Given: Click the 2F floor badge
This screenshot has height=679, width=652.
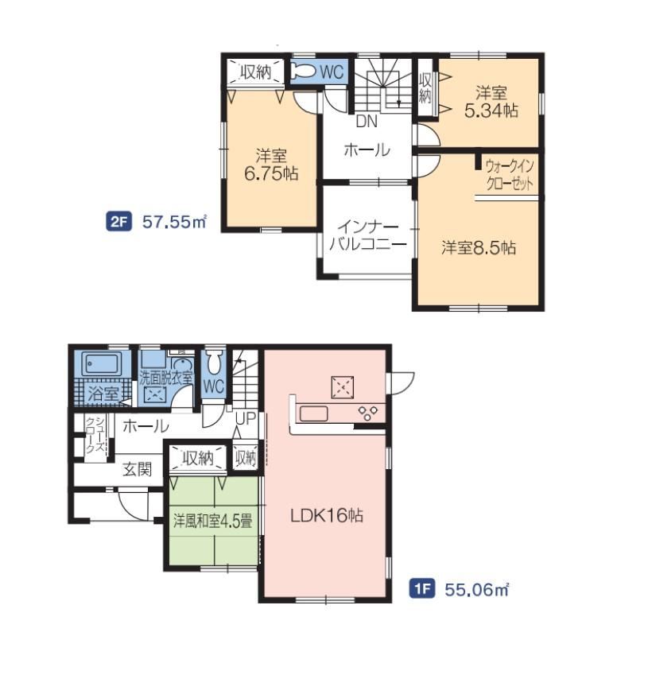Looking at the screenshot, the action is click(118, 222).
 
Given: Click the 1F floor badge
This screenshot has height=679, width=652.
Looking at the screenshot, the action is click(421, 589).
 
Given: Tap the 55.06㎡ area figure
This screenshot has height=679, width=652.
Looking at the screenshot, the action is click(476, 589).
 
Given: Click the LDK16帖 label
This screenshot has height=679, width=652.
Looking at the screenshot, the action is click(327, 515).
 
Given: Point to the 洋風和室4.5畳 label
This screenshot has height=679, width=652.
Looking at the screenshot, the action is click(212, 521).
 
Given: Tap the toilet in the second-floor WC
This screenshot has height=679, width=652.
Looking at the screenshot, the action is click(304, 72).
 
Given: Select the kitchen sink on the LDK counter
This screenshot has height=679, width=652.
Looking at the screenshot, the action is click(314, 413).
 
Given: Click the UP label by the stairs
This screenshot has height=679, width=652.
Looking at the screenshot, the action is click(245, 418).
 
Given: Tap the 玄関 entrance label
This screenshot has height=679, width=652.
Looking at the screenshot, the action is click(138, 469).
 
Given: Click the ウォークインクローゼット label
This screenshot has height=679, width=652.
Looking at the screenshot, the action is click(510, 175).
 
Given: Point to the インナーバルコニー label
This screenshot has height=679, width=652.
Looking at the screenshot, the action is click(368, 236).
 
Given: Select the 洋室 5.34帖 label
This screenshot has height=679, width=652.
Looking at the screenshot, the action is click(491, 103).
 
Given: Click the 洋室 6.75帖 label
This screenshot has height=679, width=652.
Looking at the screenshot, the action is click(271, 165).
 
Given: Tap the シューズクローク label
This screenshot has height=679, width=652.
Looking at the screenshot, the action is click(95, 435).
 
